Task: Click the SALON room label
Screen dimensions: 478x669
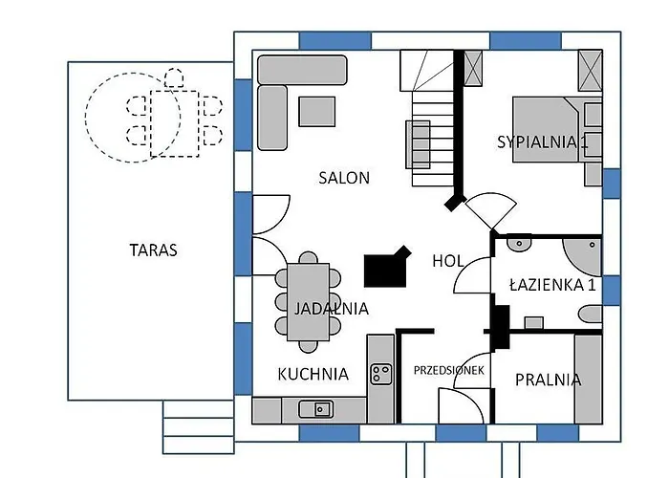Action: (344, 178)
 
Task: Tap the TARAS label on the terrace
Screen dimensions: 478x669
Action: (153, 250)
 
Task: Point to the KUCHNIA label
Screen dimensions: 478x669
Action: (313, 374)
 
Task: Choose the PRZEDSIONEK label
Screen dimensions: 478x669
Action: (450, 369)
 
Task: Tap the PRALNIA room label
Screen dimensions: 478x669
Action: (548, 380)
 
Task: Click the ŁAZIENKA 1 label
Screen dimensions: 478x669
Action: (552, 284)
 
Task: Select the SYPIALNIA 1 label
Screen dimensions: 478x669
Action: (542, 142)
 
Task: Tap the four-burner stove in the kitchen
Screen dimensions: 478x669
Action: (381, 374)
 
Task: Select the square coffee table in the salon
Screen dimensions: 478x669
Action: (317, 112)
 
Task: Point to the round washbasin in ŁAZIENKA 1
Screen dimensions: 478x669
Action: (520, 244)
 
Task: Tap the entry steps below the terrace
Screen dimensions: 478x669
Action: (198, 426)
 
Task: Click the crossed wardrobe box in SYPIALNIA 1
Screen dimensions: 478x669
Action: (591, 70)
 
